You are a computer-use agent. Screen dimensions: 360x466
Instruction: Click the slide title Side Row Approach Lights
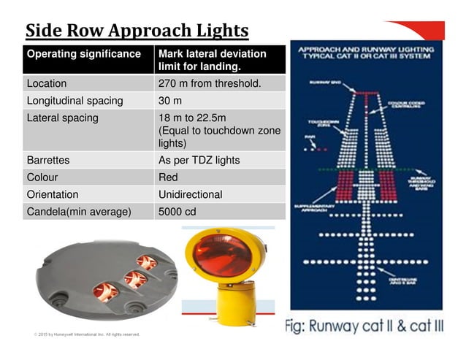click(137, 31)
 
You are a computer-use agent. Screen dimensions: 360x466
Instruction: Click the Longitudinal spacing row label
click(75, 101)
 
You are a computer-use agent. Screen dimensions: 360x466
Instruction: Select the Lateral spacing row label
click(62, 118)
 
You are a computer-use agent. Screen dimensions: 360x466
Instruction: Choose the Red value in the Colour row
click(169, 177)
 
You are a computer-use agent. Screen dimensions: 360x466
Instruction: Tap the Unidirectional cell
click(190, 195)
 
